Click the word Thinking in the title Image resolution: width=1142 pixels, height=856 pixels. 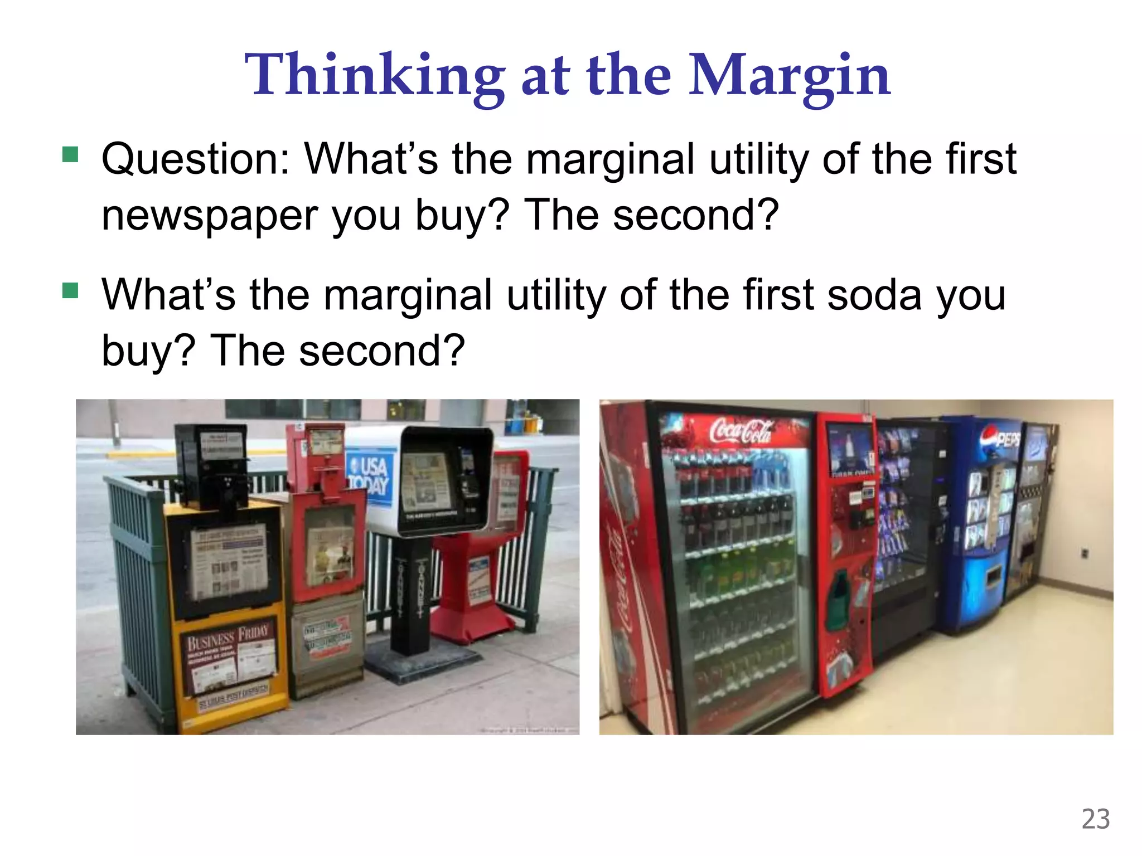(x=374, y=75)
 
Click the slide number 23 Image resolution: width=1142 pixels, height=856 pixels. (x=1095, y=819)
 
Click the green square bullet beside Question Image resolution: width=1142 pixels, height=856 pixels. (x=70, y=154)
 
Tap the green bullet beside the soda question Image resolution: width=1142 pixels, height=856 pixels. (x=70, y=290)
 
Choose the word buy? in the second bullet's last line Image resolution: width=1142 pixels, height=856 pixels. (x=148, y=351)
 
